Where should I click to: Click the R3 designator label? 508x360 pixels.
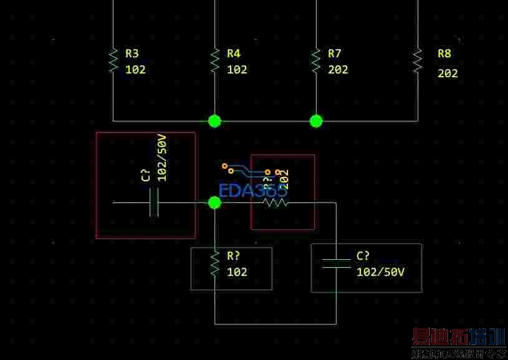132,54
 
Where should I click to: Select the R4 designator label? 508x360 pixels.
234,54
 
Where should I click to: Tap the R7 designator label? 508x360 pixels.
335,54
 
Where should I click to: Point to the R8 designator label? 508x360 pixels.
444,54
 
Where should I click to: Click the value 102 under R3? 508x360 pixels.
135,70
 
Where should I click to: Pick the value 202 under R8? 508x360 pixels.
448,73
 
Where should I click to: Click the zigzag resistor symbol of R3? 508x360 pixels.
113,60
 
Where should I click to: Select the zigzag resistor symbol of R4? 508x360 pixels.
215,60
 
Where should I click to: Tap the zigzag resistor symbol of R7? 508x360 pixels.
316,60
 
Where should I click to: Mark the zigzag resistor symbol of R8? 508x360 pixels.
418,60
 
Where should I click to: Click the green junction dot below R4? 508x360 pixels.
214,121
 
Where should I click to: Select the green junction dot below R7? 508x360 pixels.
316,121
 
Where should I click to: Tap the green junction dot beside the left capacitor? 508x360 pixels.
214,202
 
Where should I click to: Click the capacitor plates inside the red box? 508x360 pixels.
155,202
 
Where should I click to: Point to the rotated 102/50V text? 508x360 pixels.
162,158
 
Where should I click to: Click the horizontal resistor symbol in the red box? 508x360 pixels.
276,202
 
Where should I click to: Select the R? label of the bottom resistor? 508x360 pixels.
234,255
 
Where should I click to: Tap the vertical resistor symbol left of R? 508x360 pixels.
215,263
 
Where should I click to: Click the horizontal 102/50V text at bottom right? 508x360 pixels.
380,272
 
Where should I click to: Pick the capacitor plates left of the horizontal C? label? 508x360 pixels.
336,263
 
